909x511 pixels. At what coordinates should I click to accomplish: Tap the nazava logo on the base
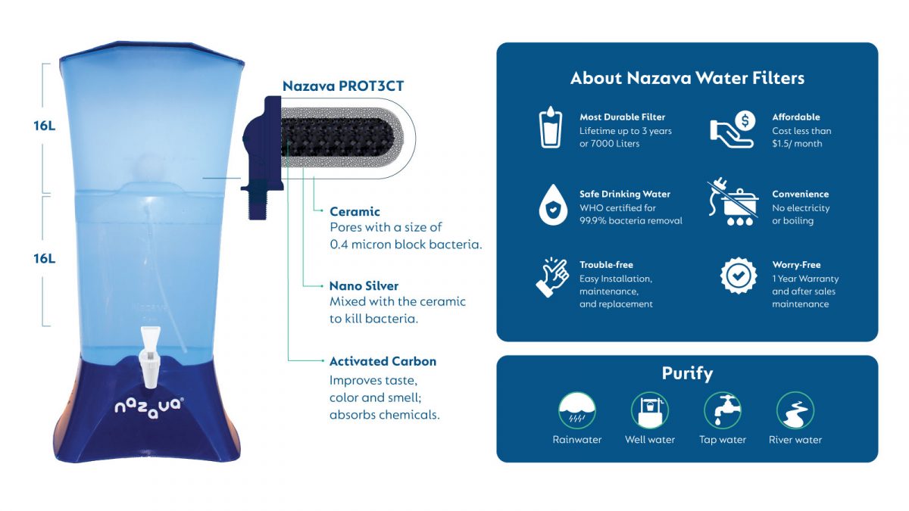pyautogui.click(x=149, y=406)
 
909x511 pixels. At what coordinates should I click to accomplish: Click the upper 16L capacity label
pyautogui.click(x=44, y=126)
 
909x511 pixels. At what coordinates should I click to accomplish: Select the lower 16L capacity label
pyautogui.click(x=44, y=258)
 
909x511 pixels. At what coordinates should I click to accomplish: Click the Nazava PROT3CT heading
pyautogui.click(x=343, y=86)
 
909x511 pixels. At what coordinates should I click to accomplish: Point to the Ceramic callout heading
pyautogui.click(x=355, y=211)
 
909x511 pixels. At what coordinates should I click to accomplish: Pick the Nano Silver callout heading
pyautogui.click(x=364, y=286)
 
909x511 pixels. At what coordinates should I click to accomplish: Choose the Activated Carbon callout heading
pyautogui.click(x=383, y=361)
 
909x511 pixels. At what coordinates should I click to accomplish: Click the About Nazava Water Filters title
pyautogui.click(x=687, y=78)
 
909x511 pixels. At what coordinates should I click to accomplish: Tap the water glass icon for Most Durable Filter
pyautogui.click(x=551, y=128)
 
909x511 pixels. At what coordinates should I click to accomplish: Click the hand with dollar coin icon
pyautogui.click(x=732, y=129)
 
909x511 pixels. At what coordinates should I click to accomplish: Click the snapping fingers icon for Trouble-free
pyautogui.click(x=552, y=277)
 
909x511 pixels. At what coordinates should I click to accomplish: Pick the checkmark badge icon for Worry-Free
pyautogui.click(x=738, y=276)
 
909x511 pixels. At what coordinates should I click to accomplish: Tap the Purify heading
pyautogui.click(x=687, y=373)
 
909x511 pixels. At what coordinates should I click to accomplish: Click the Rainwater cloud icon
pyautogui.click(x=576, y=410)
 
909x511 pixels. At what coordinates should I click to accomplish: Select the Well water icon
pyautogui.click(x=649, y=410)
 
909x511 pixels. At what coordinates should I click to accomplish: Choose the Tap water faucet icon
pyautogui.click(x=722, y=410)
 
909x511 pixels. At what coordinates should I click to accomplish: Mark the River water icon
pyautogui.click(x=795, y=410)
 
